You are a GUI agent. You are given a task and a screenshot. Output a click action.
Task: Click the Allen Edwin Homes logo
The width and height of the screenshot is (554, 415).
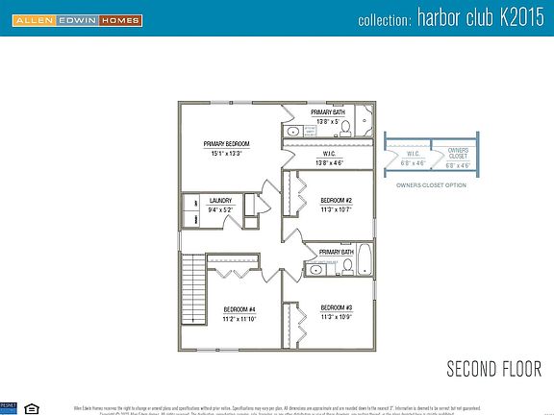pyautogui.click(x=72, y=19)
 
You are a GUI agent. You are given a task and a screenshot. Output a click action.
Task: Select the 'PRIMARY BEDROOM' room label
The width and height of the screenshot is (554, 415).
pyautogui.click(x=226, y=143)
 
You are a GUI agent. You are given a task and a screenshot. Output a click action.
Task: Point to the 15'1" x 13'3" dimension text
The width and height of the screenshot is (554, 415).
pyautogui.click(x=226, y=152)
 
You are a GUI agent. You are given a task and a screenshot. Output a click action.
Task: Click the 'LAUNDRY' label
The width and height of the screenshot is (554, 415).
pyautogui.click(x=220, y=201)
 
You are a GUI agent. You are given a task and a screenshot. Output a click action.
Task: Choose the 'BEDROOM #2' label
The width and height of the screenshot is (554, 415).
pyautogui.click(x=336, y=200)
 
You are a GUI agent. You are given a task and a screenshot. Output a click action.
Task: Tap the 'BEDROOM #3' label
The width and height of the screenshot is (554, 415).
pyautogui.click(x=336, y=307)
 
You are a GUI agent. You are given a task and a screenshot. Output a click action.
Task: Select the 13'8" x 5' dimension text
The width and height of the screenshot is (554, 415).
pyautogui.click(x=327, y=121)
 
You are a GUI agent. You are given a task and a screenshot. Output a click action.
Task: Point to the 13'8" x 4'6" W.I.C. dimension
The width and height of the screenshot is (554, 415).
pyautogui.click(x=328, y=161)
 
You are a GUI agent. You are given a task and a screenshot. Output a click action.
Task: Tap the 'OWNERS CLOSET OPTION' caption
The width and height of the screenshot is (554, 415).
pyautogui.click(x=430, y=184)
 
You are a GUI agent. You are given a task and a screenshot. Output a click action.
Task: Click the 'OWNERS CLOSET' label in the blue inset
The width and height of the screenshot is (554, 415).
pyautogui.click(x=459, y=154)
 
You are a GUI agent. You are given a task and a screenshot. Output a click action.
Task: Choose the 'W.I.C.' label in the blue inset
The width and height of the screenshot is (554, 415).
pyautogui.click(x=412, y=153)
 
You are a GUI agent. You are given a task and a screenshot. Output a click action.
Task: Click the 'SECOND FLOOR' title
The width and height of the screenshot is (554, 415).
pyautogui.click(x=493, y=369)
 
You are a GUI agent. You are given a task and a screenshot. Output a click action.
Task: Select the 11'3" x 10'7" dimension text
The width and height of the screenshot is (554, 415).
pyautogui.click(x=336, y=208)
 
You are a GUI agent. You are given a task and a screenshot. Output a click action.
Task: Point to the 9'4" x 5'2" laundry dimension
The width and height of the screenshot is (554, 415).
pyautogui.click(x=220, y=209)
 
